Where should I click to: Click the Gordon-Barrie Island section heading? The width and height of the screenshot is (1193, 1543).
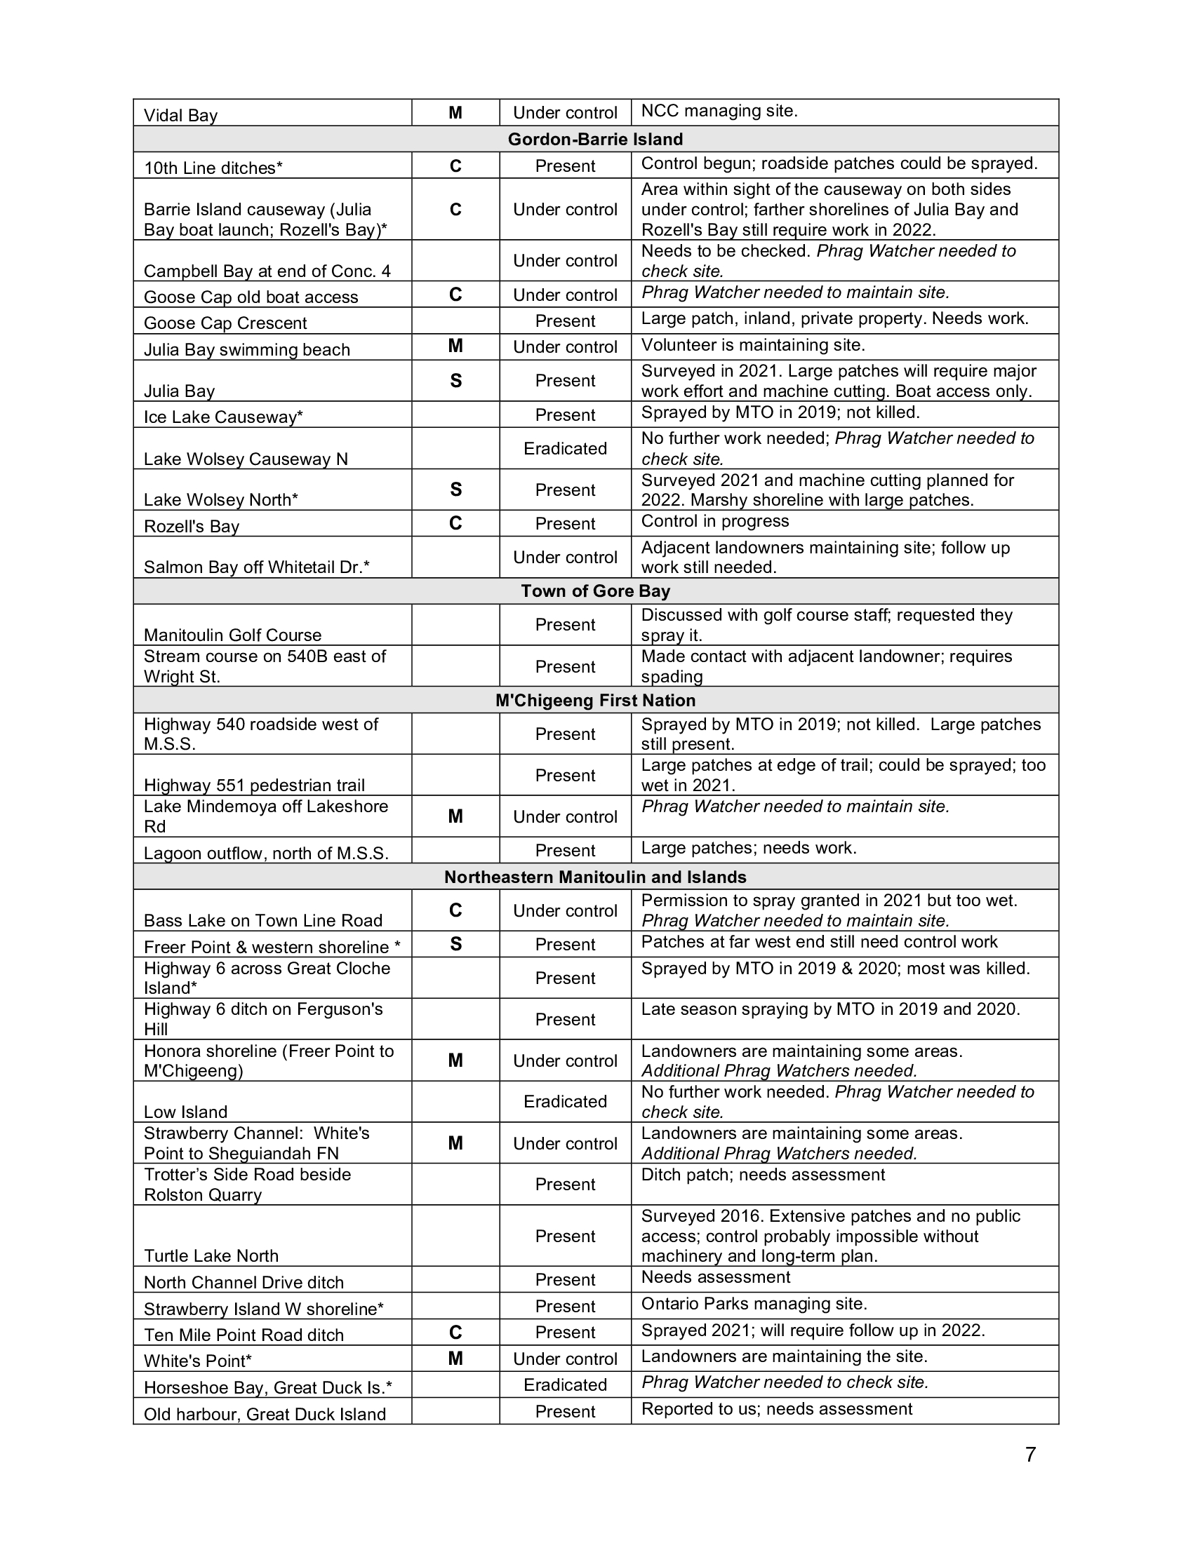[x=595, y=139]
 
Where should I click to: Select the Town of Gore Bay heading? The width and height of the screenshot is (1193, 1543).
[x=595, y=591]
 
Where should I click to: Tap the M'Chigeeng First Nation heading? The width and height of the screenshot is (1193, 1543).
[x=595, y=700]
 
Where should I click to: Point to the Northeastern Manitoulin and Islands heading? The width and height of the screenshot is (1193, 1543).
[x=595, y=877]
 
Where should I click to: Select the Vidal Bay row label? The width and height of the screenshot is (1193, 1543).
[x=181, y=115]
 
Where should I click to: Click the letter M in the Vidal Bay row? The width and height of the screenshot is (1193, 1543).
[x=455, y=112]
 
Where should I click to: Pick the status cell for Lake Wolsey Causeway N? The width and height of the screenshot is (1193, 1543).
[x=565, y=449]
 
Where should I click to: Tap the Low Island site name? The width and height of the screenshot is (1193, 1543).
[x=186, y=1112]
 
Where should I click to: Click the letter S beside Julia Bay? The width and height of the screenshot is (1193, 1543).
[x=455, y=381]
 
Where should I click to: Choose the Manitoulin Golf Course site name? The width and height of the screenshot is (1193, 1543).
[x=232, y=635]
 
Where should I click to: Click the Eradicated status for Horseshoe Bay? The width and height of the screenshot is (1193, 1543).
[x=565, y=1384]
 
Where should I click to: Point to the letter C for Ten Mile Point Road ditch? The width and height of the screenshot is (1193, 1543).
[x=455, y=1333]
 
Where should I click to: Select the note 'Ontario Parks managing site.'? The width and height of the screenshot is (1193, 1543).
[x=754, y=1304]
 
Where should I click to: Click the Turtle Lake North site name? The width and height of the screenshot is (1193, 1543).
[x=211, y=1255]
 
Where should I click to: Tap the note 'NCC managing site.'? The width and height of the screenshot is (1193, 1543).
[x=719, y=111]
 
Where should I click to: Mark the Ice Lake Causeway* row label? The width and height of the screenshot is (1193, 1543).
[x=223, y=417]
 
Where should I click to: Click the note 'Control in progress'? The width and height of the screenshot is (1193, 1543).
[x=714, y=521]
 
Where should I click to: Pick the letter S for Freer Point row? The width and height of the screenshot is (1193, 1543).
[x=455, y=944]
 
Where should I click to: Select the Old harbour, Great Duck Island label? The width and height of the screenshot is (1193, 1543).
[x=265, y=1414]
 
